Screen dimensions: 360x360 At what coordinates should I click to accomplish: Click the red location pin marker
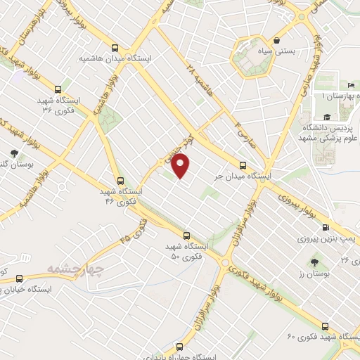181,167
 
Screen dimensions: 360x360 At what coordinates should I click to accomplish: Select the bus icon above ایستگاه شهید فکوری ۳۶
58,89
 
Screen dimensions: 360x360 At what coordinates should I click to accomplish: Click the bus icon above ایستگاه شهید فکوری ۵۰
186,236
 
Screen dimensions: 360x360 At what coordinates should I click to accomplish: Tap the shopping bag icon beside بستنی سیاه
278,41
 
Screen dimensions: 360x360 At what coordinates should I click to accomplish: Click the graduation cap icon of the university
326,118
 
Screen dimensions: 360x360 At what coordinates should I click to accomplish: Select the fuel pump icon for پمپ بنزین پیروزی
326,227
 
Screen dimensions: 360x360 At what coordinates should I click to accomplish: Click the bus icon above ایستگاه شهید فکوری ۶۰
324,325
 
